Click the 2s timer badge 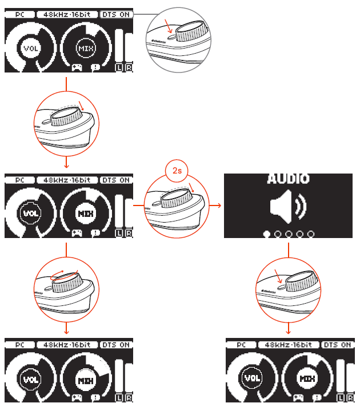tap(176, 171)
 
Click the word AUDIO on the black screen tap(289, 179)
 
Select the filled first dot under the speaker tap(266, 234)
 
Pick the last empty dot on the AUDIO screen tap(311, 234)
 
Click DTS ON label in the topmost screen tap(116, 14)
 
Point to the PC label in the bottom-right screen tap(240, 345)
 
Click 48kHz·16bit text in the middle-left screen tap(66, 180)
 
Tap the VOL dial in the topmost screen tap(30, 49)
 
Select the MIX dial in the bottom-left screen tap(86, 380)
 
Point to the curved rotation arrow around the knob tap(63, 276)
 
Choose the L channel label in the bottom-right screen tap(341, 397)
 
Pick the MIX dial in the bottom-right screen tap(307, 378)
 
